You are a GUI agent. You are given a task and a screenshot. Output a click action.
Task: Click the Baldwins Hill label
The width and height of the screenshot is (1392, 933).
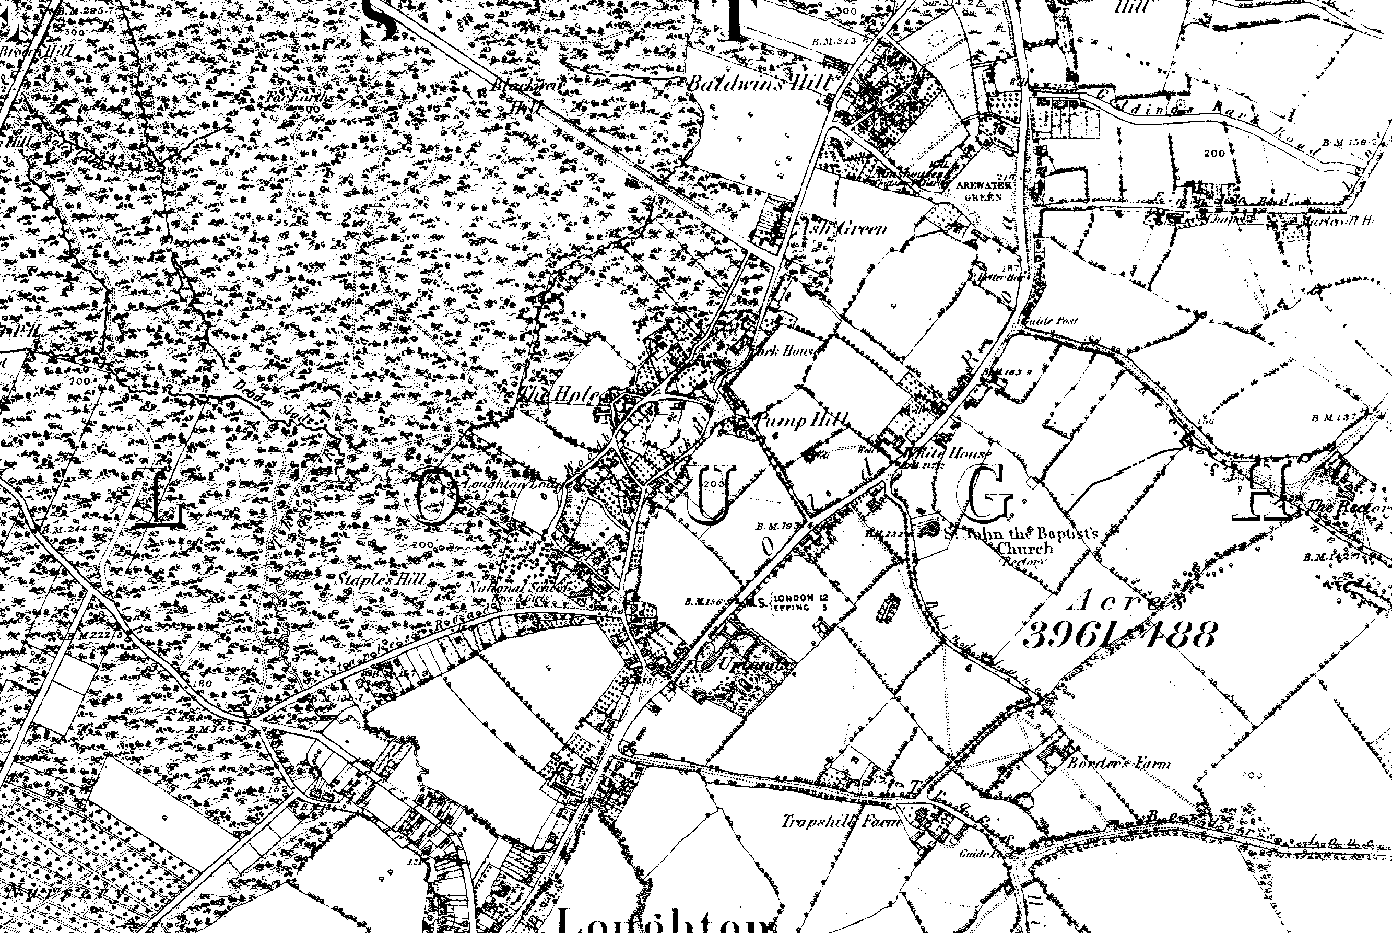(758, 85)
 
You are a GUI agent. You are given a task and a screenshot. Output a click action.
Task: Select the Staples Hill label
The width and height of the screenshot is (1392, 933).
(381, 578)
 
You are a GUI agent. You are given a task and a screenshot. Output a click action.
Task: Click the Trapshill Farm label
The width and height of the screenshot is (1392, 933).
(840, 822)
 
